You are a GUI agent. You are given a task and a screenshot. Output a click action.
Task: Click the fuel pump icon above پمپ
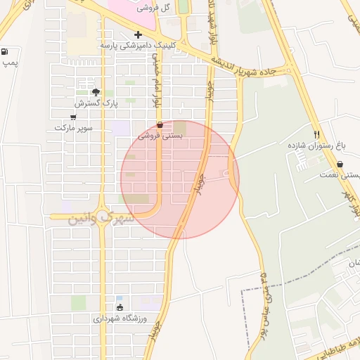[x=6, y=51]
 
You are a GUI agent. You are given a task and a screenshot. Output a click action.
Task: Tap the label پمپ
[x=9, y=63]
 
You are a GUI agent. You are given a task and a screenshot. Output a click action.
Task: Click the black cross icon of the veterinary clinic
[x=138, y=34]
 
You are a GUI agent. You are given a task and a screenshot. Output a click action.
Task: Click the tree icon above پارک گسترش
[x=96, y=92]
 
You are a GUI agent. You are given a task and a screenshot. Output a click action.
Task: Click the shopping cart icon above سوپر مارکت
[x=73, y=117]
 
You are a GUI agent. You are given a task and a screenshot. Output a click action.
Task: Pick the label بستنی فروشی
[x=160, y=136]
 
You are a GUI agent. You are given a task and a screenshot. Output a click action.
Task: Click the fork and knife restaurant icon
[x=316, y=134]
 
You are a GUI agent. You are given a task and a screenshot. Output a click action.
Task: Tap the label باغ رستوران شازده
[x=316, y=145]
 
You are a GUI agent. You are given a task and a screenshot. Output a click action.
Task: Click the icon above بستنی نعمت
[x=340, y=165]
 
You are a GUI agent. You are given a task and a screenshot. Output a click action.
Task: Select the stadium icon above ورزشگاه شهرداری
[x=119, y=307]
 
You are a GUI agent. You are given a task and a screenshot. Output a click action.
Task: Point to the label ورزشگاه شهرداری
[x=120, y=319]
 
